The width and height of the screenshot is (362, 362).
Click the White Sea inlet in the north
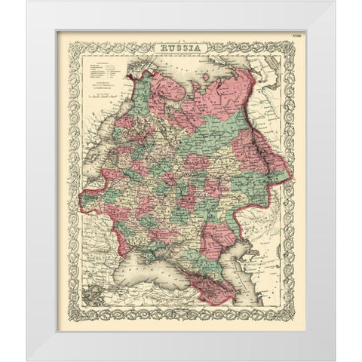[170, 90]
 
